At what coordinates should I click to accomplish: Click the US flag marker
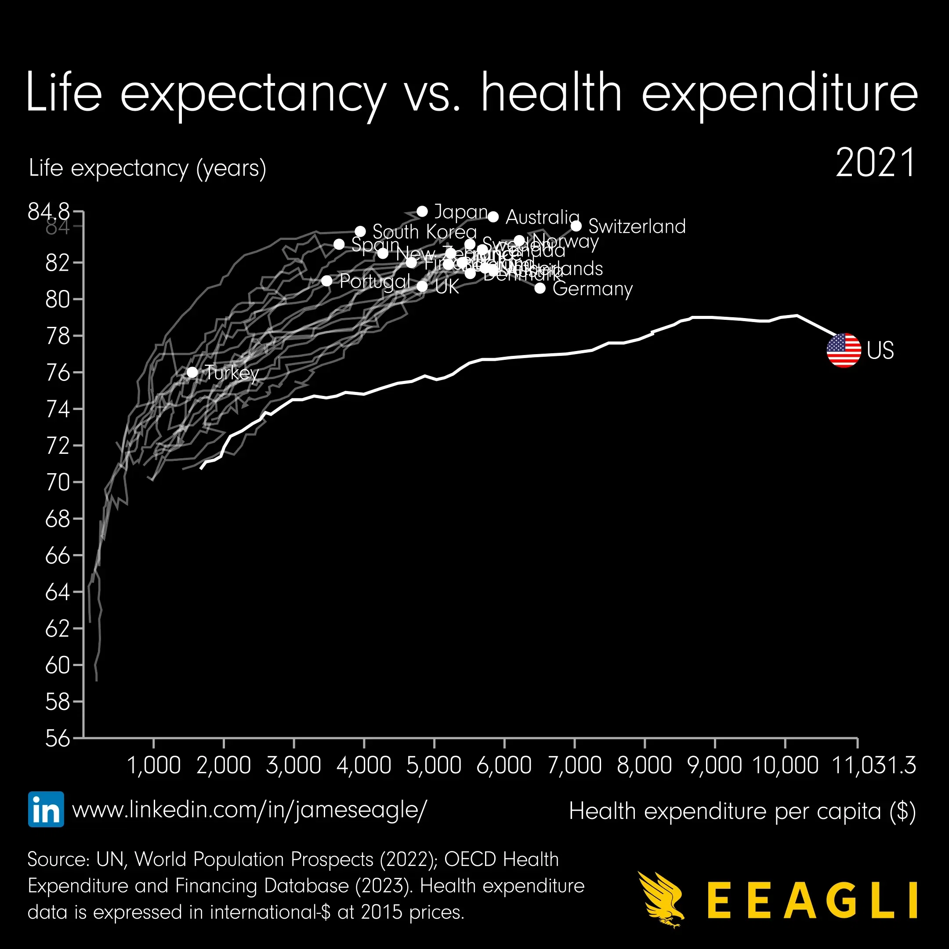[x=844, y=350]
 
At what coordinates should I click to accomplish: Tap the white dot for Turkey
[x=192, y=372]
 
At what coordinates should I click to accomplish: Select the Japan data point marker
[x=422, y=211]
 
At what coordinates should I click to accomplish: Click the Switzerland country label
[x=637, y=226]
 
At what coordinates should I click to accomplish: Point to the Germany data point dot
[x=540, y=288]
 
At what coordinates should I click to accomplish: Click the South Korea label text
[x=424, y=232]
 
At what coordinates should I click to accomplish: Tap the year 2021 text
[x=875, y=163]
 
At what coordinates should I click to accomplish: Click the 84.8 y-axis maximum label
[x=49, y=212]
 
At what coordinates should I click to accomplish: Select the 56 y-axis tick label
[x=58, y=738]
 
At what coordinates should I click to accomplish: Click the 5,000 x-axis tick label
[x=434, y=765]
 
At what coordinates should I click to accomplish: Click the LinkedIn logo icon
[x=46, y=809]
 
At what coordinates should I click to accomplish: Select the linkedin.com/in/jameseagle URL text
[x=250, y=809]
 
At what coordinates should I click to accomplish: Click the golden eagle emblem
[x=661, y=900]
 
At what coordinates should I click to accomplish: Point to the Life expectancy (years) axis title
[x=147, y=168]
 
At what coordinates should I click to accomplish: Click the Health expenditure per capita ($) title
[x=742, y=811]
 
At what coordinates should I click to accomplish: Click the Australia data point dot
[x=493, y=217]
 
